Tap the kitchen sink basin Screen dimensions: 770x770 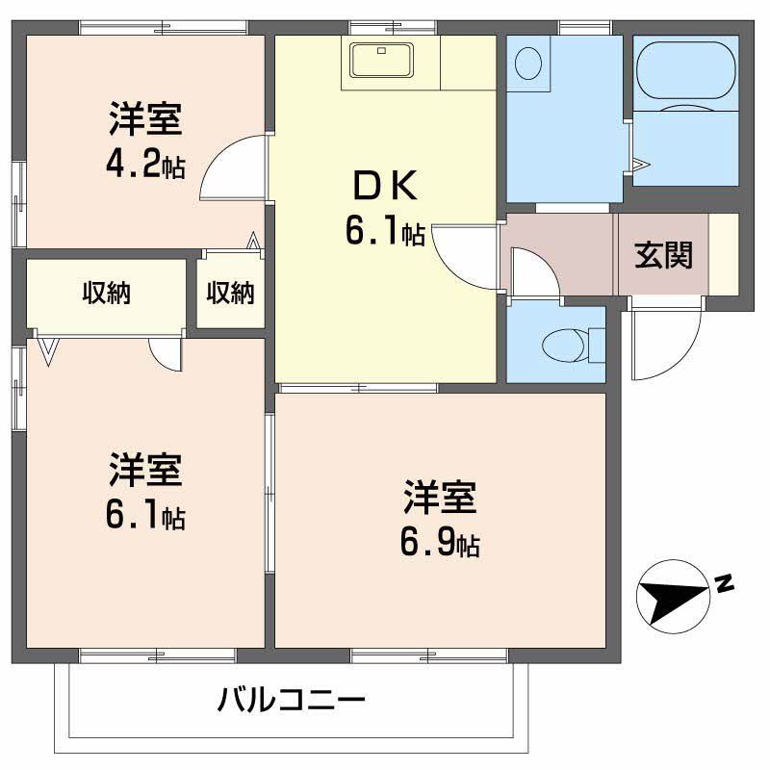click(382, 61)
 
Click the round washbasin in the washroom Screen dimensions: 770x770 click(528, 65)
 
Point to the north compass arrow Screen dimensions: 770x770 click(674, 597)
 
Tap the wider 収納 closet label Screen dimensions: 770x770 click(106, 294)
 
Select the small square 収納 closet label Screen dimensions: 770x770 click(231, 294)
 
